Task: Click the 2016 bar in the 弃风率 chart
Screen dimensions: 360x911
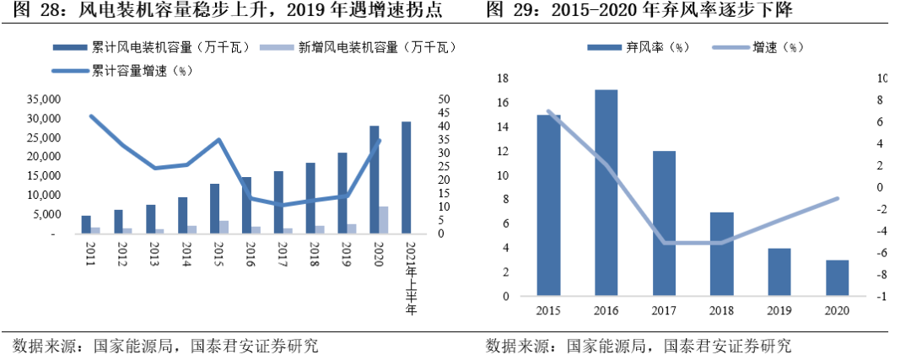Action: (x=606, y=193)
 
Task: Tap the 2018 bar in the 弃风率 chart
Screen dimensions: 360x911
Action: (x=721, y=255)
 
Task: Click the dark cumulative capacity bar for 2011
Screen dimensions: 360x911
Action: (x=86, y=224)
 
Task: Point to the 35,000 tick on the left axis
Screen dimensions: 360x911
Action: (x=41, y=99)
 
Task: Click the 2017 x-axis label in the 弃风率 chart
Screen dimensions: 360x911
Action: (x=663, y=310)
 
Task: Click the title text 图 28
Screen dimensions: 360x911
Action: (x=30, y=12)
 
